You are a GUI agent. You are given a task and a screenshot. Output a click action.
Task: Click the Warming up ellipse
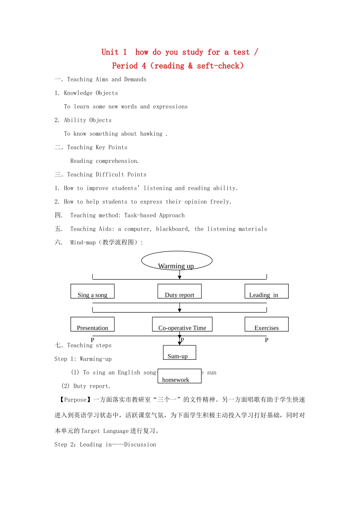coord(177,261)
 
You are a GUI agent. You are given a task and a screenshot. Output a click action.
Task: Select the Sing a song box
coord(92,291)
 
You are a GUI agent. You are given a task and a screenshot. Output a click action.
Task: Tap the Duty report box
coord(179,291)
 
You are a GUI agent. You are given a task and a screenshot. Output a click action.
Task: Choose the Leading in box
coord(266,291)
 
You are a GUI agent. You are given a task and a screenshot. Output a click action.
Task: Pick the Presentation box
coord(92,324)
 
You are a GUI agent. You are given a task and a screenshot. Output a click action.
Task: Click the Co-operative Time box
coord(182,324)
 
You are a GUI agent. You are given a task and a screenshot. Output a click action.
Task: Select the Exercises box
coord(266,324)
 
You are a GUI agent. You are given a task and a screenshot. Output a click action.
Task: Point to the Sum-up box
coord(179,353)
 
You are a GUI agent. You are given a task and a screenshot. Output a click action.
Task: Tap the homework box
coord(179,376)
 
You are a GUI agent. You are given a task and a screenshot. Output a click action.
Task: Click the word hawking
coord(151,134)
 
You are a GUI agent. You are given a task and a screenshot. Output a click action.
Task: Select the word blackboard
coord(172,229)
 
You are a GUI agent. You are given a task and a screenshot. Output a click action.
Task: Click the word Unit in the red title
coord(110,52)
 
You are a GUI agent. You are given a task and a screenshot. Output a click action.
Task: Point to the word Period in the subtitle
coord(125,66)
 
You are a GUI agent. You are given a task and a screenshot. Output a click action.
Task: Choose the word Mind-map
coord(83,243)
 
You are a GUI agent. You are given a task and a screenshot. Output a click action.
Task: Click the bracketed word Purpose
coord(75,400)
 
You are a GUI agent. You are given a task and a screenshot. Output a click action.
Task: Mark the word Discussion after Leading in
coord(140,445)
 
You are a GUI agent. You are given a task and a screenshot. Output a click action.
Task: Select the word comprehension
coord(117,161)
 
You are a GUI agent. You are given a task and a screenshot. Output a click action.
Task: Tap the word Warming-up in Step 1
coord(95,359)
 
